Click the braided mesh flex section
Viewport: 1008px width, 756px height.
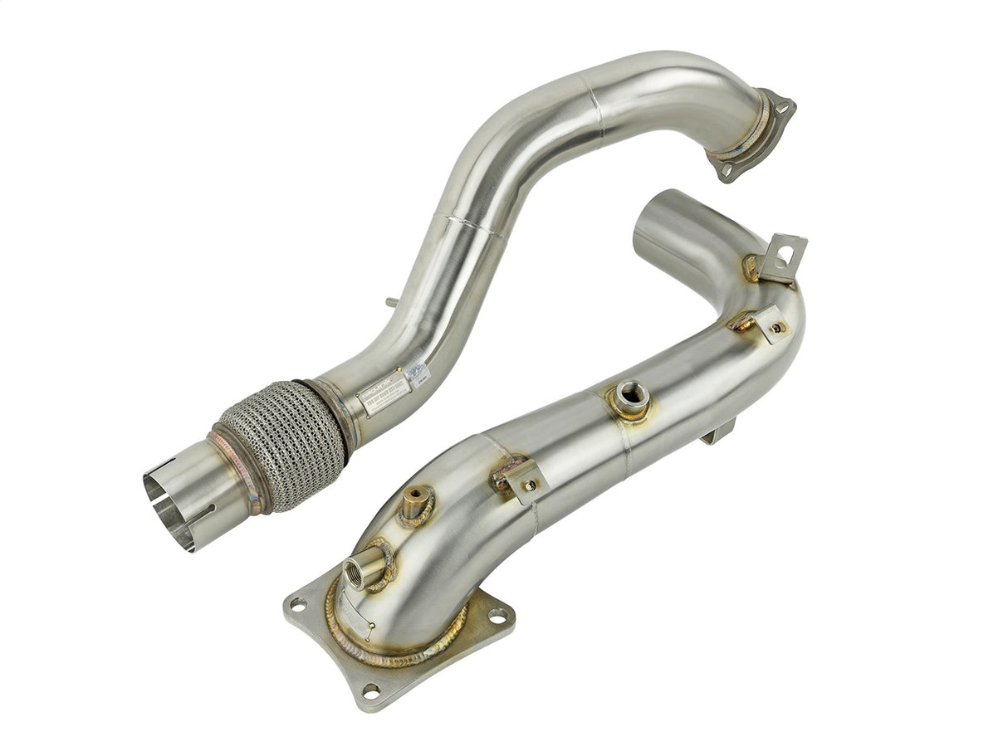point(282,445)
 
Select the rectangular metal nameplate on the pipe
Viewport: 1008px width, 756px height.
point(384,392)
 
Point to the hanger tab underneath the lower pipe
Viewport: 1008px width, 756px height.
point(719,432)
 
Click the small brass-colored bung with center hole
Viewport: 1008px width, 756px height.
point(414,501)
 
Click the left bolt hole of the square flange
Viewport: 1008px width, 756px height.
point(299,603)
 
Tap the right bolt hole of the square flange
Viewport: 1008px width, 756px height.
point(497,617)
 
